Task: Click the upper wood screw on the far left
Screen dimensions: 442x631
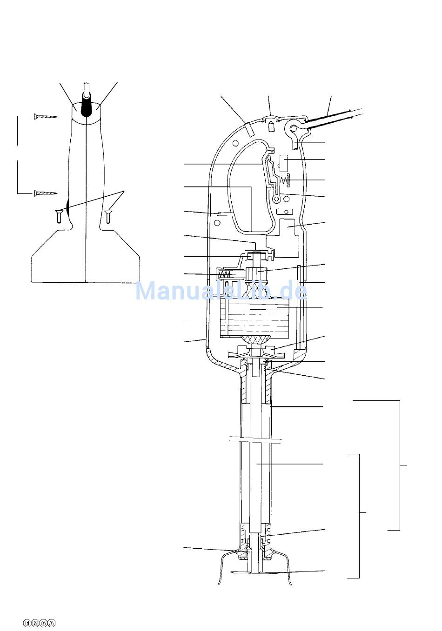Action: pyautogui.click(x=46, y=116)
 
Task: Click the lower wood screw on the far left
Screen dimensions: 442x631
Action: pyautogui.click(x=46, y=193)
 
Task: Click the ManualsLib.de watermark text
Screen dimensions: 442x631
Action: pyautogui.click(x=221, y=291)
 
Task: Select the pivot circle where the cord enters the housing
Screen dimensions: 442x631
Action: pyautogui.click(x=294, y=129)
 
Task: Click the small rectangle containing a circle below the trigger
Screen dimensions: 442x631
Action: pyautogui.click(x=285, y=212)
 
